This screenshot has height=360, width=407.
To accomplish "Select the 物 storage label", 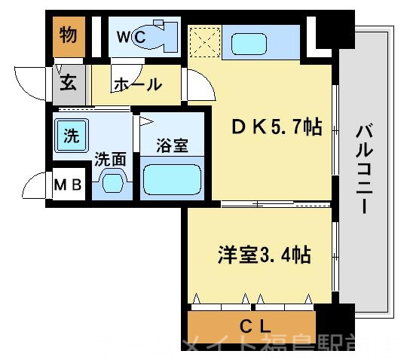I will pyautogui.click(x=69, y=35).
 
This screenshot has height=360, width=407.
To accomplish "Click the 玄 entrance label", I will pyautogui.click(x=69, y=82).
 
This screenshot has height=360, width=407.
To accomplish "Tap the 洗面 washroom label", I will pyautogui.click(x=110, y=159).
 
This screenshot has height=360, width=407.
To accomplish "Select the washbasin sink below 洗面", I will pyautogui.click(x=112, y=183).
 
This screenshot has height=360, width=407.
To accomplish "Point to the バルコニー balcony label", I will pyautogui.click(x=365, y=169).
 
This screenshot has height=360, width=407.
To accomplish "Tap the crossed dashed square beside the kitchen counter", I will pyautogui.click(x=203, y=42).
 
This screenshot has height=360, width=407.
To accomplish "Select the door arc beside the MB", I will pyautogui.click(x=35, y=186).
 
